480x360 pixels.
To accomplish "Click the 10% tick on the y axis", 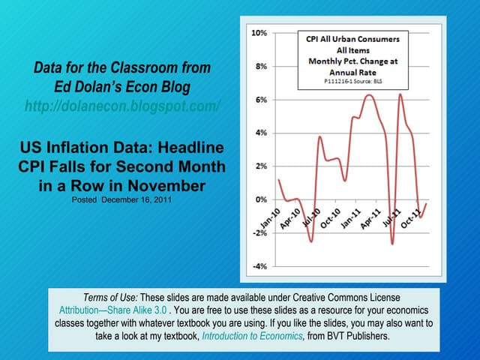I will [259, 34].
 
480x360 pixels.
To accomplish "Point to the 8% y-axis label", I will [260, 67].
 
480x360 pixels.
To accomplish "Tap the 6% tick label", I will [260, 100].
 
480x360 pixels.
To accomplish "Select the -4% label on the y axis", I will [259, 266].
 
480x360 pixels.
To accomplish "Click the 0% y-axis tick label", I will [260, 199].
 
